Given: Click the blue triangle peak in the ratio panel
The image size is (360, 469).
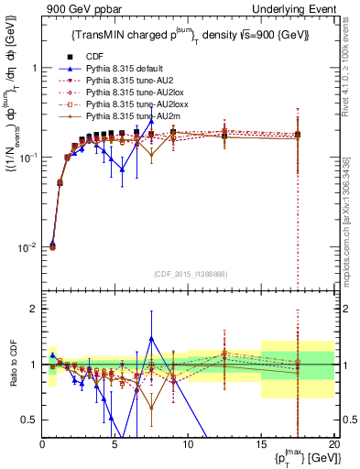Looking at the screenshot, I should pyautogui.click(x=151, y=338).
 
